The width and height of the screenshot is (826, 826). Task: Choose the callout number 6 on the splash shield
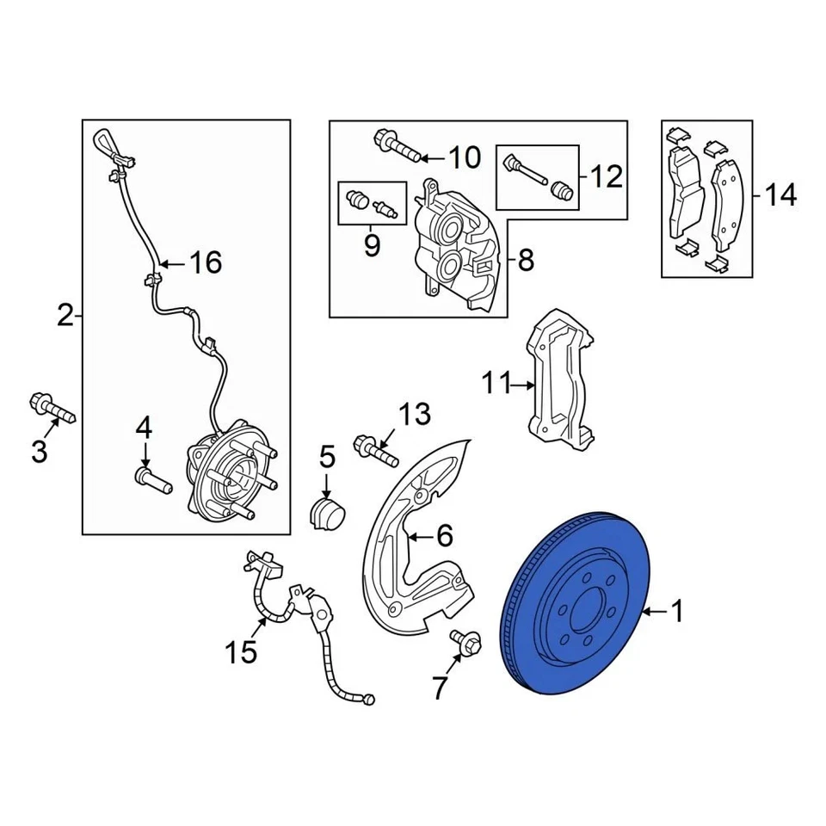[x=443, y=537]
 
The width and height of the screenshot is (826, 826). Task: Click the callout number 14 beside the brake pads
[x=780, y=196]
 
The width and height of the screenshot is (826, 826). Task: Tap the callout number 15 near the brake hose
[x=242, y=651]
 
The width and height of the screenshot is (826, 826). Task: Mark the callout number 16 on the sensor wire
[x=205, y=262]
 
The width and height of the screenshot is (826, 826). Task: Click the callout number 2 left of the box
[x=65, y=317]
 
